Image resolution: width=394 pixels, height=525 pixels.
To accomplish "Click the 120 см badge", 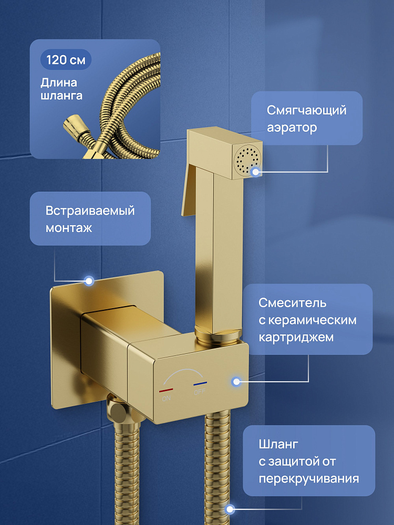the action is [66, 60].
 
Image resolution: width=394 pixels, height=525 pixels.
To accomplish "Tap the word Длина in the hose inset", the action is [59, 82].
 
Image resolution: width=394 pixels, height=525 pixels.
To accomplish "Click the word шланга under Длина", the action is [61, 96].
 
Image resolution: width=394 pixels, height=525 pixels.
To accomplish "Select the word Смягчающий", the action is [307, 110].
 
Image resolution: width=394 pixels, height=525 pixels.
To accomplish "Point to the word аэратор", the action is [292, 128].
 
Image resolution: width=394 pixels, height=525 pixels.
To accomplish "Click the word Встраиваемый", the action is [90, 211].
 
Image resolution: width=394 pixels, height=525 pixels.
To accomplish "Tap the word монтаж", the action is [69, 228].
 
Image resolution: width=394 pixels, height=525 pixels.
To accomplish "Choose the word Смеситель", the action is [292, 303].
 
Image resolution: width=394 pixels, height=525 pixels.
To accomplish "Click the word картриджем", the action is [296, 337].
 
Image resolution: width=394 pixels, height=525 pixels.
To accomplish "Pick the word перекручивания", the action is [308, 478].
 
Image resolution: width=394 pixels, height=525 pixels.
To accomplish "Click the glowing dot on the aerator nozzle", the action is [256, 172].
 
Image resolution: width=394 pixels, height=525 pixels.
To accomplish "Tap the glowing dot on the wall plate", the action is [89, 280].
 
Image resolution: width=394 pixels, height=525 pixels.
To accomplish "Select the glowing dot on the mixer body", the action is [236, 381].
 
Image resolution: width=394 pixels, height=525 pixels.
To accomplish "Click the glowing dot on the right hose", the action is [230, 509].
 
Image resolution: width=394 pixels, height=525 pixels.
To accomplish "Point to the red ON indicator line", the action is [166, 390].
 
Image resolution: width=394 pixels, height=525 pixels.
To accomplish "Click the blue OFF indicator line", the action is [200, 383].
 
